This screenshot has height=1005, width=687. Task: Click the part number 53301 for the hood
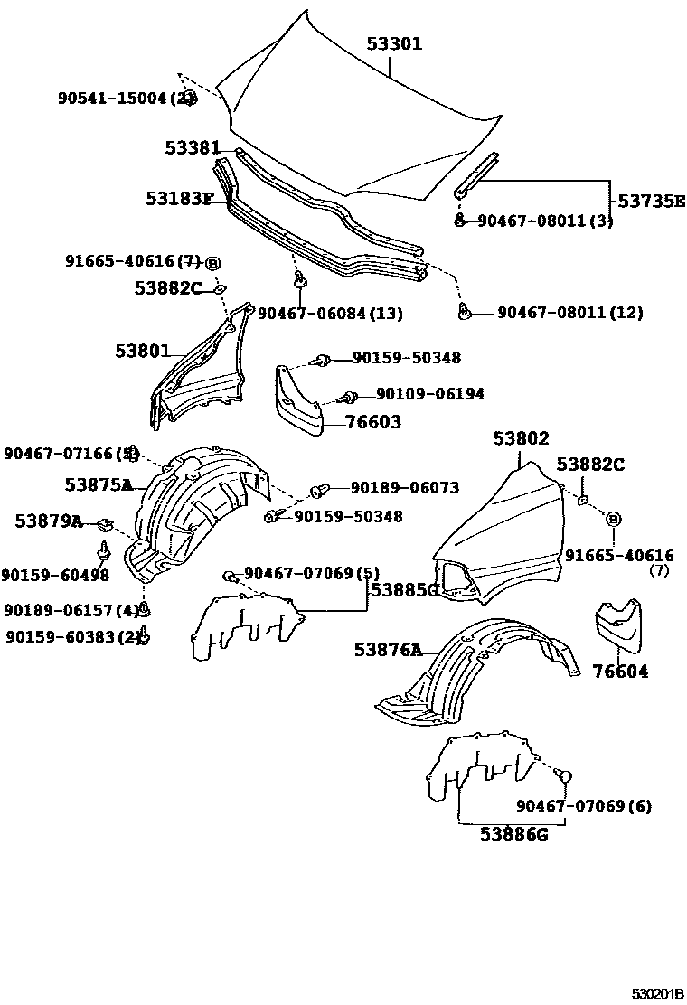394,44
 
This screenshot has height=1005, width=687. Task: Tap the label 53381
193,147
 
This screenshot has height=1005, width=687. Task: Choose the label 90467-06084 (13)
330,314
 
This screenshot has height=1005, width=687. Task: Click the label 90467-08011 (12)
570,313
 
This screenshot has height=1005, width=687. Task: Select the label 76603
372,422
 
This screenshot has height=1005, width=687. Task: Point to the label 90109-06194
429,394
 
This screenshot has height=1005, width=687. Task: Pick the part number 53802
521,438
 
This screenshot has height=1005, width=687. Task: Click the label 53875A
99,485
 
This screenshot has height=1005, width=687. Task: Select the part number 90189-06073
404,488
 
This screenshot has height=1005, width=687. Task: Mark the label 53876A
388,649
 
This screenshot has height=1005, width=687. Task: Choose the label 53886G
514,833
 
